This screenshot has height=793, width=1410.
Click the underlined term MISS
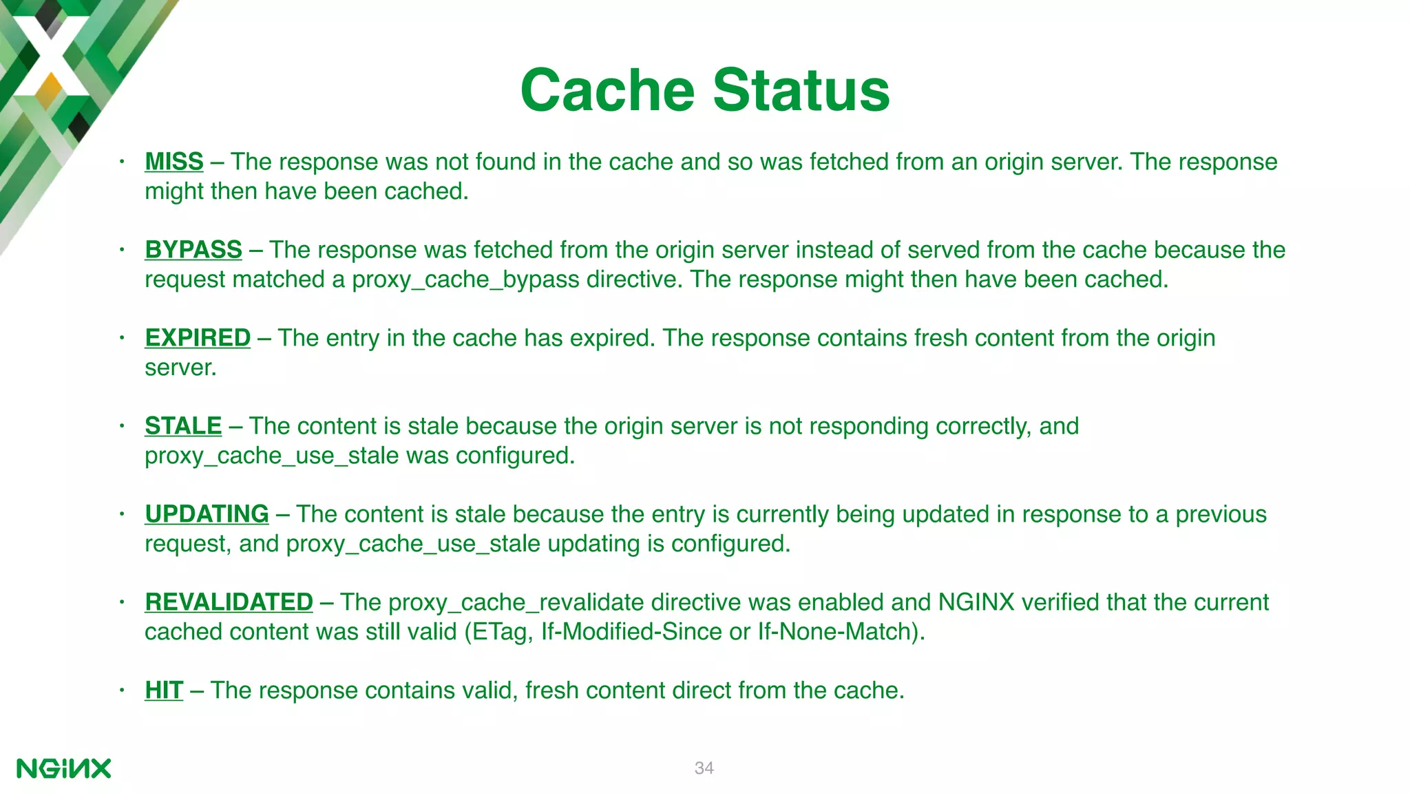coord(173,162)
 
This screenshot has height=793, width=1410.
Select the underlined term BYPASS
coord(193,250)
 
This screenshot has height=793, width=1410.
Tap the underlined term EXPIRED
coord(197,338)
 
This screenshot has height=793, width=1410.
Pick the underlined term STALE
coord(182,426)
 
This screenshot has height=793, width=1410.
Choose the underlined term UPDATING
coord(206,514)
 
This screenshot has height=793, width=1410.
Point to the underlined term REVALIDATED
coord(228,602)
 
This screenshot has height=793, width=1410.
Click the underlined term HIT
coord(163,690)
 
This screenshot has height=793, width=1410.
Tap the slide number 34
coord(704,768)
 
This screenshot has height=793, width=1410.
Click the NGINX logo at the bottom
coord(63,768)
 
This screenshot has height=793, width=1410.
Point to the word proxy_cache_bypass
coord(465,280)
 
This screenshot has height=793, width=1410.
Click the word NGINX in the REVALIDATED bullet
coord(976,602)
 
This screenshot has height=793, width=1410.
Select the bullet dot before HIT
coord(121,690)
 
